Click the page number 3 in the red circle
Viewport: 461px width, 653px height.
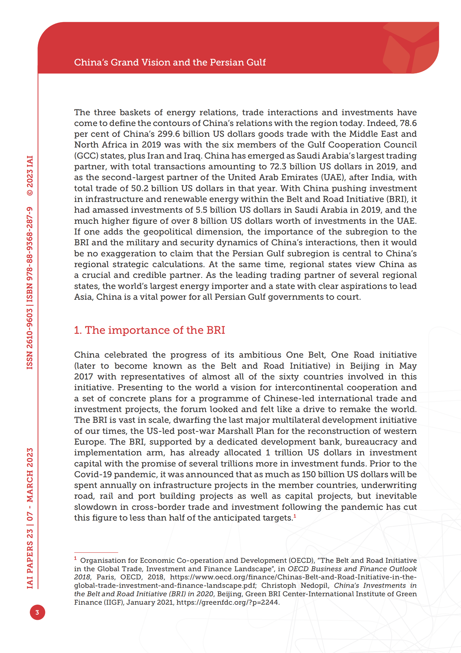click(x=37, y=612)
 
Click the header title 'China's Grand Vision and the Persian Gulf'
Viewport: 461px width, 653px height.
click(x=170, y=62)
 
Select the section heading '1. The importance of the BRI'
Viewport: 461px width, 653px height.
click(x=149, y=330)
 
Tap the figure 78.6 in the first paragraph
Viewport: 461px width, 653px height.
click(x=408, y=123)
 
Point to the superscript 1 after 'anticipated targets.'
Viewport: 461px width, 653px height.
click(x=295, y=516)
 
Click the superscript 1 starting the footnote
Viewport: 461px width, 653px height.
click(x=75, y=558)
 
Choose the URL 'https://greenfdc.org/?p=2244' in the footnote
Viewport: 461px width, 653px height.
click(x=227, y=602)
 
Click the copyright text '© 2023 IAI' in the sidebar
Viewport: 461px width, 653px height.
click(x=30, y=176)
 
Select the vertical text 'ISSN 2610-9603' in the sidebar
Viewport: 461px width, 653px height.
click(x=30, y=339)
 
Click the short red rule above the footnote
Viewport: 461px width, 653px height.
click(x=96, y=552)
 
